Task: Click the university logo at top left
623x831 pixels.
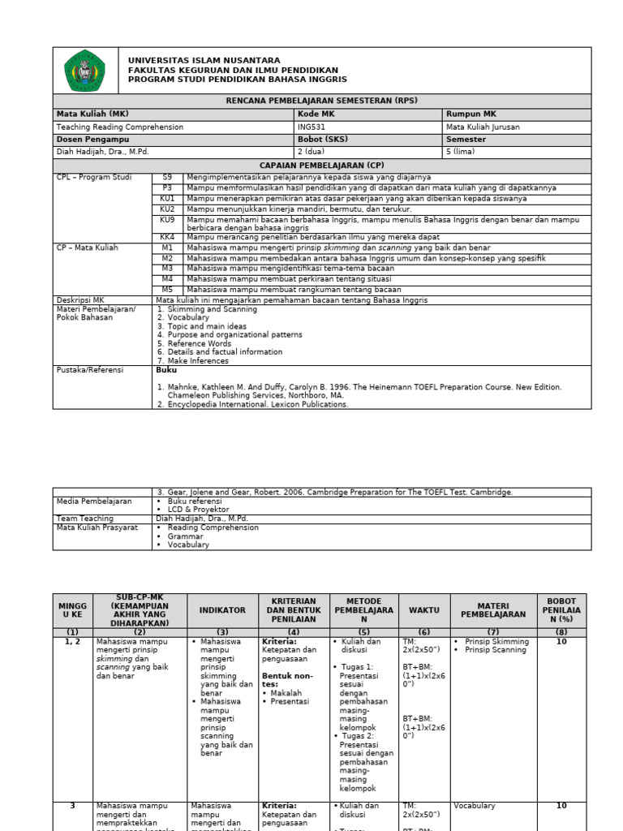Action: (84, 71)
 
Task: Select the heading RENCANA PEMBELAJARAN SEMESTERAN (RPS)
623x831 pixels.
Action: (321, 101)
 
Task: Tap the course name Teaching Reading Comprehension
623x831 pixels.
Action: (119, 127)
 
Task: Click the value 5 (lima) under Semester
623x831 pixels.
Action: (462, 152)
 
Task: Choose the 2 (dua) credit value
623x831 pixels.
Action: (311, 152)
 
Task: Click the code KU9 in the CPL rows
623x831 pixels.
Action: (167, 220)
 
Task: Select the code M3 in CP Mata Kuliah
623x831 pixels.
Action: (167, 268)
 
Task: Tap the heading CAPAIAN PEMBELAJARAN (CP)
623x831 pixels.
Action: (321, 165)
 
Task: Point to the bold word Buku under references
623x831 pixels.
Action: (165, 370)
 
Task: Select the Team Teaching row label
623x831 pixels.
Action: (84, 519)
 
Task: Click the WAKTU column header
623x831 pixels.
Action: (423, 610)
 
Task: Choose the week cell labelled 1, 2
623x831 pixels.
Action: (72, 642)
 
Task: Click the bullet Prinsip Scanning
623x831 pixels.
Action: (496, 650)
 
